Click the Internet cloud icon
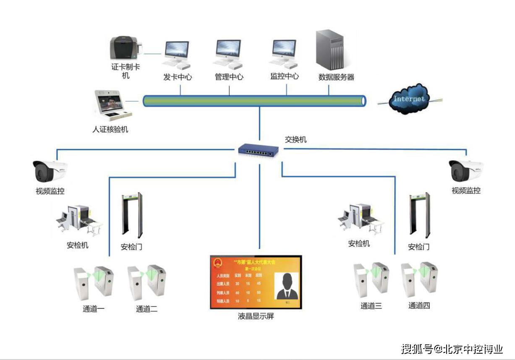pyautogui.click(x=408, y=99)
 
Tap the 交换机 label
pyautogui.click(x=295, y=140)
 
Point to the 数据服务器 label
pyautogui.click(x=336, y=77)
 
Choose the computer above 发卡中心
pyautogui.click(x=177, y=55)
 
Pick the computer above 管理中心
pyautogui.click(x=228, y=54)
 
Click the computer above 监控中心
pyautogui.click(x=284, y=54)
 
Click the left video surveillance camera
pyautogui.click(x=50, y=171)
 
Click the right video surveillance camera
pyautogui.click(x=465, y=170)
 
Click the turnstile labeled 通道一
pyautogui.click(x=93, y=283)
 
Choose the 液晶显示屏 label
pyautogui.click(x=256, y=316)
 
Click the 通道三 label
pyautogui.click(x=371, y=306)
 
